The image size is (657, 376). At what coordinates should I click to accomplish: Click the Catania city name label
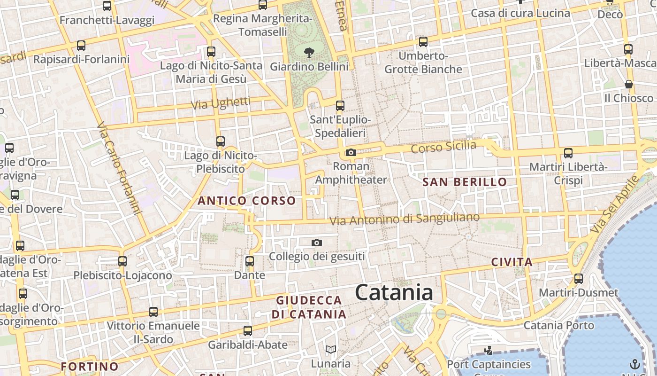394,292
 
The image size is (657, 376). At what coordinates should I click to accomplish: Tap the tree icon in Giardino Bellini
309,53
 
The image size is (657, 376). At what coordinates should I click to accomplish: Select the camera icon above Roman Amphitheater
351,152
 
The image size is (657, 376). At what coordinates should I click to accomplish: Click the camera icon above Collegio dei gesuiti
317,243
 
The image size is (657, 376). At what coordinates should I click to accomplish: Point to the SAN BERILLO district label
465,182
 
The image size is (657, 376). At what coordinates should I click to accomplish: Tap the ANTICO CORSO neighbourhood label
247,201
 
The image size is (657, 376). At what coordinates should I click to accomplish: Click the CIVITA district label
512,262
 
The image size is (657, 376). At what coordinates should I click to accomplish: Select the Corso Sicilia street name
443,147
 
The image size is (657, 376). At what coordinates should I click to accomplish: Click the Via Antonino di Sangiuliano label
405,219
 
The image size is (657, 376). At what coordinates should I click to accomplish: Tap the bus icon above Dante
250,261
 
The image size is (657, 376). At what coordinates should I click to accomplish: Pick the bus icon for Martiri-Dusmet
579,278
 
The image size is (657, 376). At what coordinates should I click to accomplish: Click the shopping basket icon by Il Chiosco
629,84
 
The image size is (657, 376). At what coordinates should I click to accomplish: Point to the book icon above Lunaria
331,349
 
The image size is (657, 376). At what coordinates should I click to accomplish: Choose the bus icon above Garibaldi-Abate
248,330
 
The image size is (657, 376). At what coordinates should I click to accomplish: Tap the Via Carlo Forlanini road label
119,168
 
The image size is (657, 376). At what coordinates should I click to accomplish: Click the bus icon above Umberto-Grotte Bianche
423,41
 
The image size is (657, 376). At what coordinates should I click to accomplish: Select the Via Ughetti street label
221,103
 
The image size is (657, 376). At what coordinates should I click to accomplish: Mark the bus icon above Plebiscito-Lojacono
122,261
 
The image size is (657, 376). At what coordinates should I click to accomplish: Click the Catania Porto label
558,325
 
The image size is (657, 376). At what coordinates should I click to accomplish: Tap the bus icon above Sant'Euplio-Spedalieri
340,106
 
